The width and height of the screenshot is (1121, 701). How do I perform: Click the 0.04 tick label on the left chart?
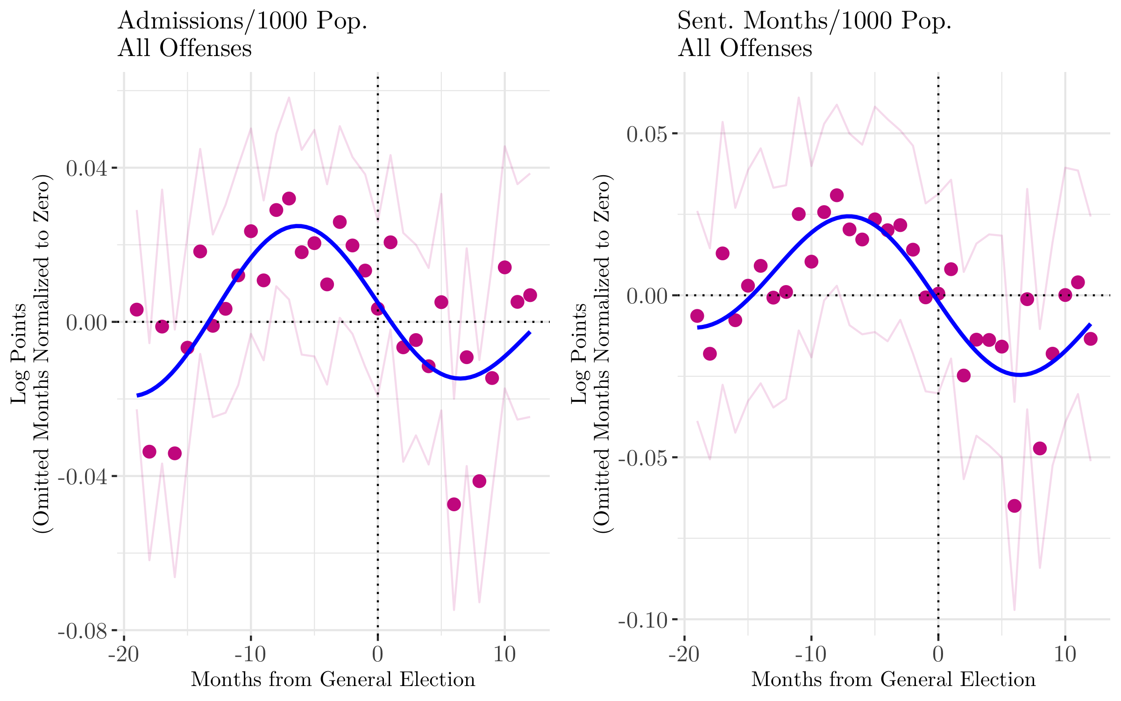(x=86, y=168)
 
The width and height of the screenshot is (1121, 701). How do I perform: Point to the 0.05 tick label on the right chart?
(x=647, y=135)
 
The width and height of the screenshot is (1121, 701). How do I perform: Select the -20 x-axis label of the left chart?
(x=124, y=654)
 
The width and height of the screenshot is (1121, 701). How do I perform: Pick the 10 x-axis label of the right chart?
(x=1065, y=654)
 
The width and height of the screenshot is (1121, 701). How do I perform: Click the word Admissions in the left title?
(x=180, y=21)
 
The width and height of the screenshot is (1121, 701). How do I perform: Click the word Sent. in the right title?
(x=706, y=21)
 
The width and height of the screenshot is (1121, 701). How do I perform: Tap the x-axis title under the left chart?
(x=333, y=680)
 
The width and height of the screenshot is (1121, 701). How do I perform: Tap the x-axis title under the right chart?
(x=894, y=680)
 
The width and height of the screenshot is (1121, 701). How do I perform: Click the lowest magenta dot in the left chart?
(x=454, y=504)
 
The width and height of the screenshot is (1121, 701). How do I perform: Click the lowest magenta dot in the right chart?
(x=1014, y=506)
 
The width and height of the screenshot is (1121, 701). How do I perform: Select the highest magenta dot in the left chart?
(x=289, y=199)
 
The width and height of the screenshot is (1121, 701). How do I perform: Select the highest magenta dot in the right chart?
(x=837, y=195)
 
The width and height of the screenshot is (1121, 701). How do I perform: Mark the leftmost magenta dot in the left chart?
(x=137, y=309)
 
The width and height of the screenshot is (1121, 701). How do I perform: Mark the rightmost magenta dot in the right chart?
(x=1091, y=339)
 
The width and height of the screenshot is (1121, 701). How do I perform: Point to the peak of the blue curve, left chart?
(x=298, y=226)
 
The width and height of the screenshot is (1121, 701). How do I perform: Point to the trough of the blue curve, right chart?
(x=1020, y=374)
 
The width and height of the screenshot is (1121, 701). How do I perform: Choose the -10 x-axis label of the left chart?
(x=251, y=654)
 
